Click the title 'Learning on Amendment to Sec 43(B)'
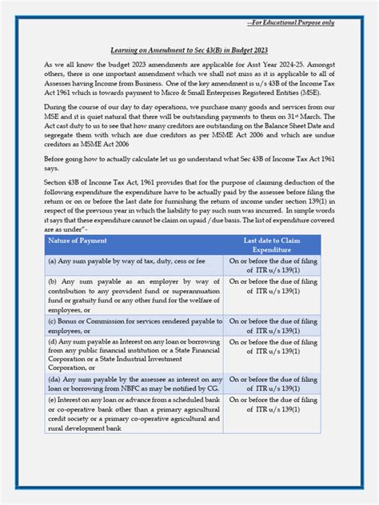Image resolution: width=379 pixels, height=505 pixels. tap(189, 49)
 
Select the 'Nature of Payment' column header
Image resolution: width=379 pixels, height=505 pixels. tap(78, 241)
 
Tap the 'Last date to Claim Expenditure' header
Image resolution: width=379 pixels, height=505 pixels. tap(272, 245)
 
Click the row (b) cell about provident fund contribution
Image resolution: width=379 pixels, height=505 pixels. tap(134, 295)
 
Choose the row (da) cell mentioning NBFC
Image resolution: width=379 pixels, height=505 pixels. tap(134, 384)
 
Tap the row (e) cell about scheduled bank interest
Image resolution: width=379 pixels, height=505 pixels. tap(134, 415)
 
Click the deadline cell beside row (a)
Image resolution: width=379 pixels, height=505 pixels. tap(272, 265)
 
